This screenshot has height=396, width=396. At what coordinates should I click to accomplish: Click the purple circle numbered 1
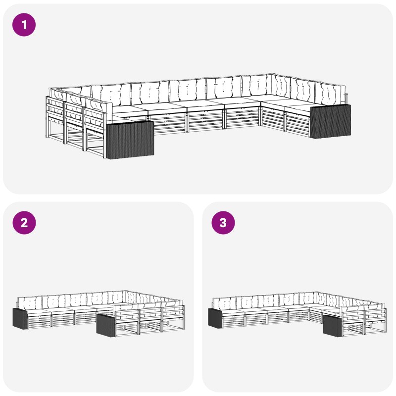tap(24, 25)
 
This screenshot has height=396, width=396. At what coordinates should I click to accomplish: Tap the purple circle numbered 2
tap(24, 222)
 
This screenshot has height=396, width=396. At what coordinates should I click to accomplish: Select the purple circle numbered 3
tap(223, 222)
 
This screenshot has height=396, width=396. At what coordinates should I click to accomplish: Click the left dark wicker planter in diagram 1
tap(130, 140)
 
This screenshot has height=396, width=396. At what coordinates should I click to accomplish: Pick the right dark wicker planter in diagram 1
tap(330, 121)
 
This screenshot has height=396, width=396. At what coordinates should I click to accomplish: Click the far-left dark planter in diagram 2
tap(20, 318)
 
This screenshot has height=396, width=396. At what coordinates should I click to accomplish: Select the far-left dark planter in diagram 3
tap(215, 318)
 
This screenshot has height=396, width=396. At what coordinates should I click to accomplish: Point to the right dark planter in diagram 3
tap(332, 326)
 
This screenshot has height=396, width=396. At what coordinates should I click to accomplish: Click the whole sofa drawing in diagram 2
tap(99, 313)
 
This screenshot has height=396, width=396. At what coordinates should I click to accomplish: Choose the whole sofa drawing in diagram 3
tap(297, 314)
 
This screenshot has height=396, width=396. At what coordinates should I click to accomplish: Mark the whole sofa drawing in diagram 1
tap(198, 116)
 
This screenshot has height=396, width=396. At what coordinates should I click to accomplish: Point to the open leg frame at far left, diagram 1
tap(55, 119)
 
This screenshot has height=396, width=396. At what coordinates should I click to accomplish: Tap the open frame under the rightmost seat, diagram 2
tap(173, 326)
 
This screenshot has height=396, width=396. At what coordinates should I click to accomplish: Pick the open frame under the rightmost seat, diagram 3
tap(375, 328)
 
